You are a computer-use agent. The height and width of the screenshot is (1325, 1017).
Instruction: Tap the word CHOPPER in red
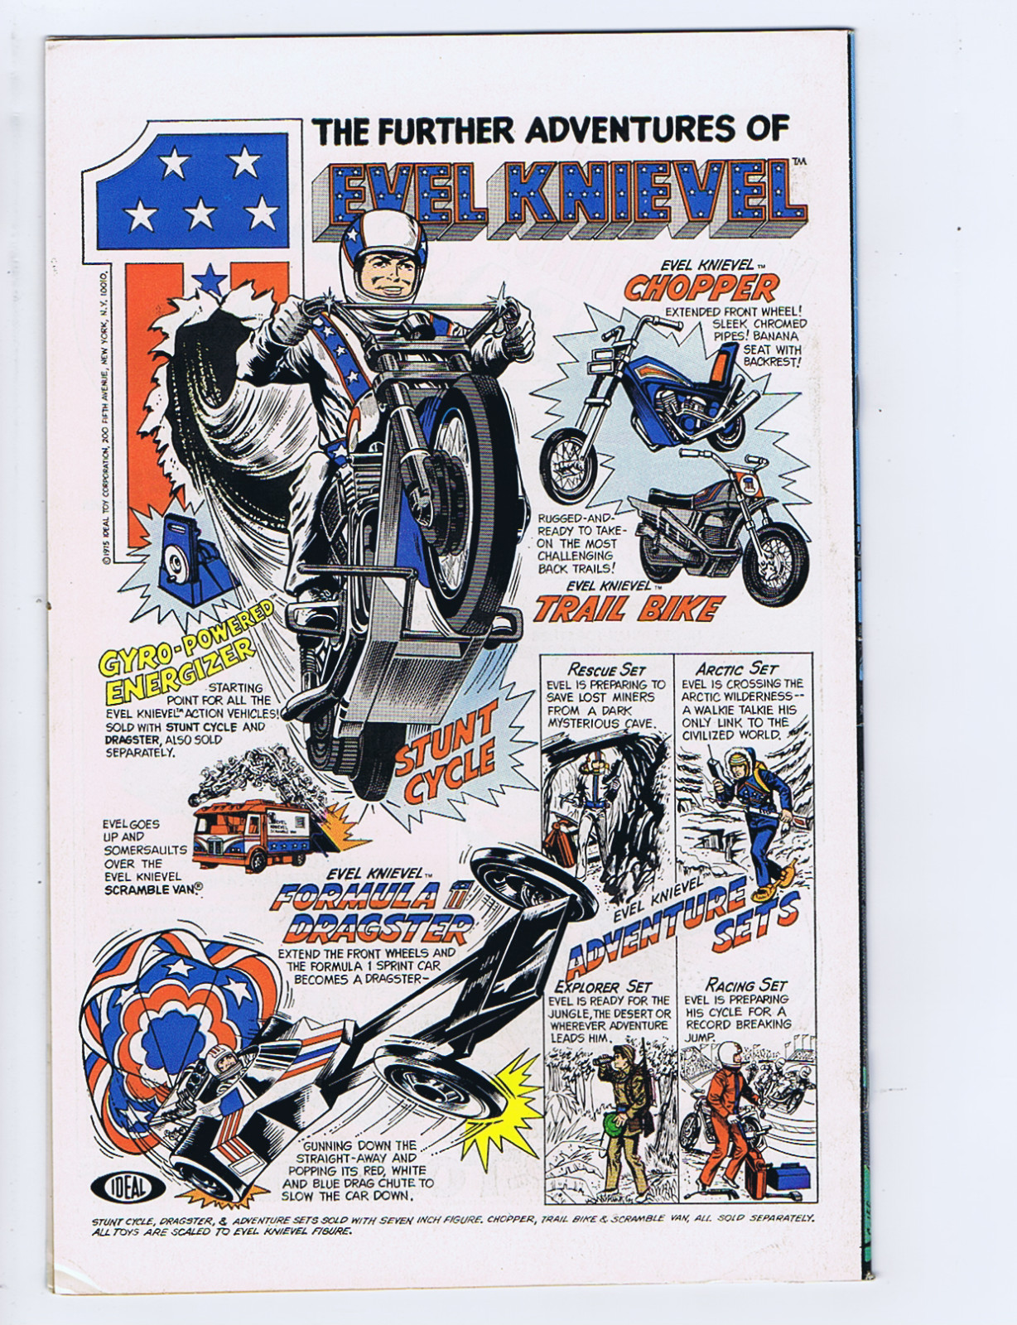[701, 288]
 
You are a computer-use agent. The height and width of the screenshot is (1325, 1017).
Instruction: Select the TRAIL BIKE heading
[627, 609]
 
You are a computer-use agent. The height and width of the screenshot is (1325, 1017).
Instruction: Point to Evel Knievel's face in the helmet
[383, 273]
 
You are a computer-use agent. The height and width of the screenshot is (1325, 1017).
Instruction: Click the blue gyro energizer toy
[187, 552]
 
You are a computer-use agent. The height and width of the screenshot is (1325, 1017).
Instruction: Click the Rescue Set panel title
[606, 668]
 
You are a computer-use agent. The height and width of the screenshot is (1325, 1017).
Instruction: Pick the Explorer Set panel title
[604, 986]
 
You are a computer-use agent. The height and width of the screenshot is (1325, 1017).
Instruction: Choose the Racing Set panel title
[745, 985]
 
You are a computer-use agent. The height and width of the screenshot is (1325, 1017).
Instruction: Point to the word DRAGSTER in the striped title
[377, 929]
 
